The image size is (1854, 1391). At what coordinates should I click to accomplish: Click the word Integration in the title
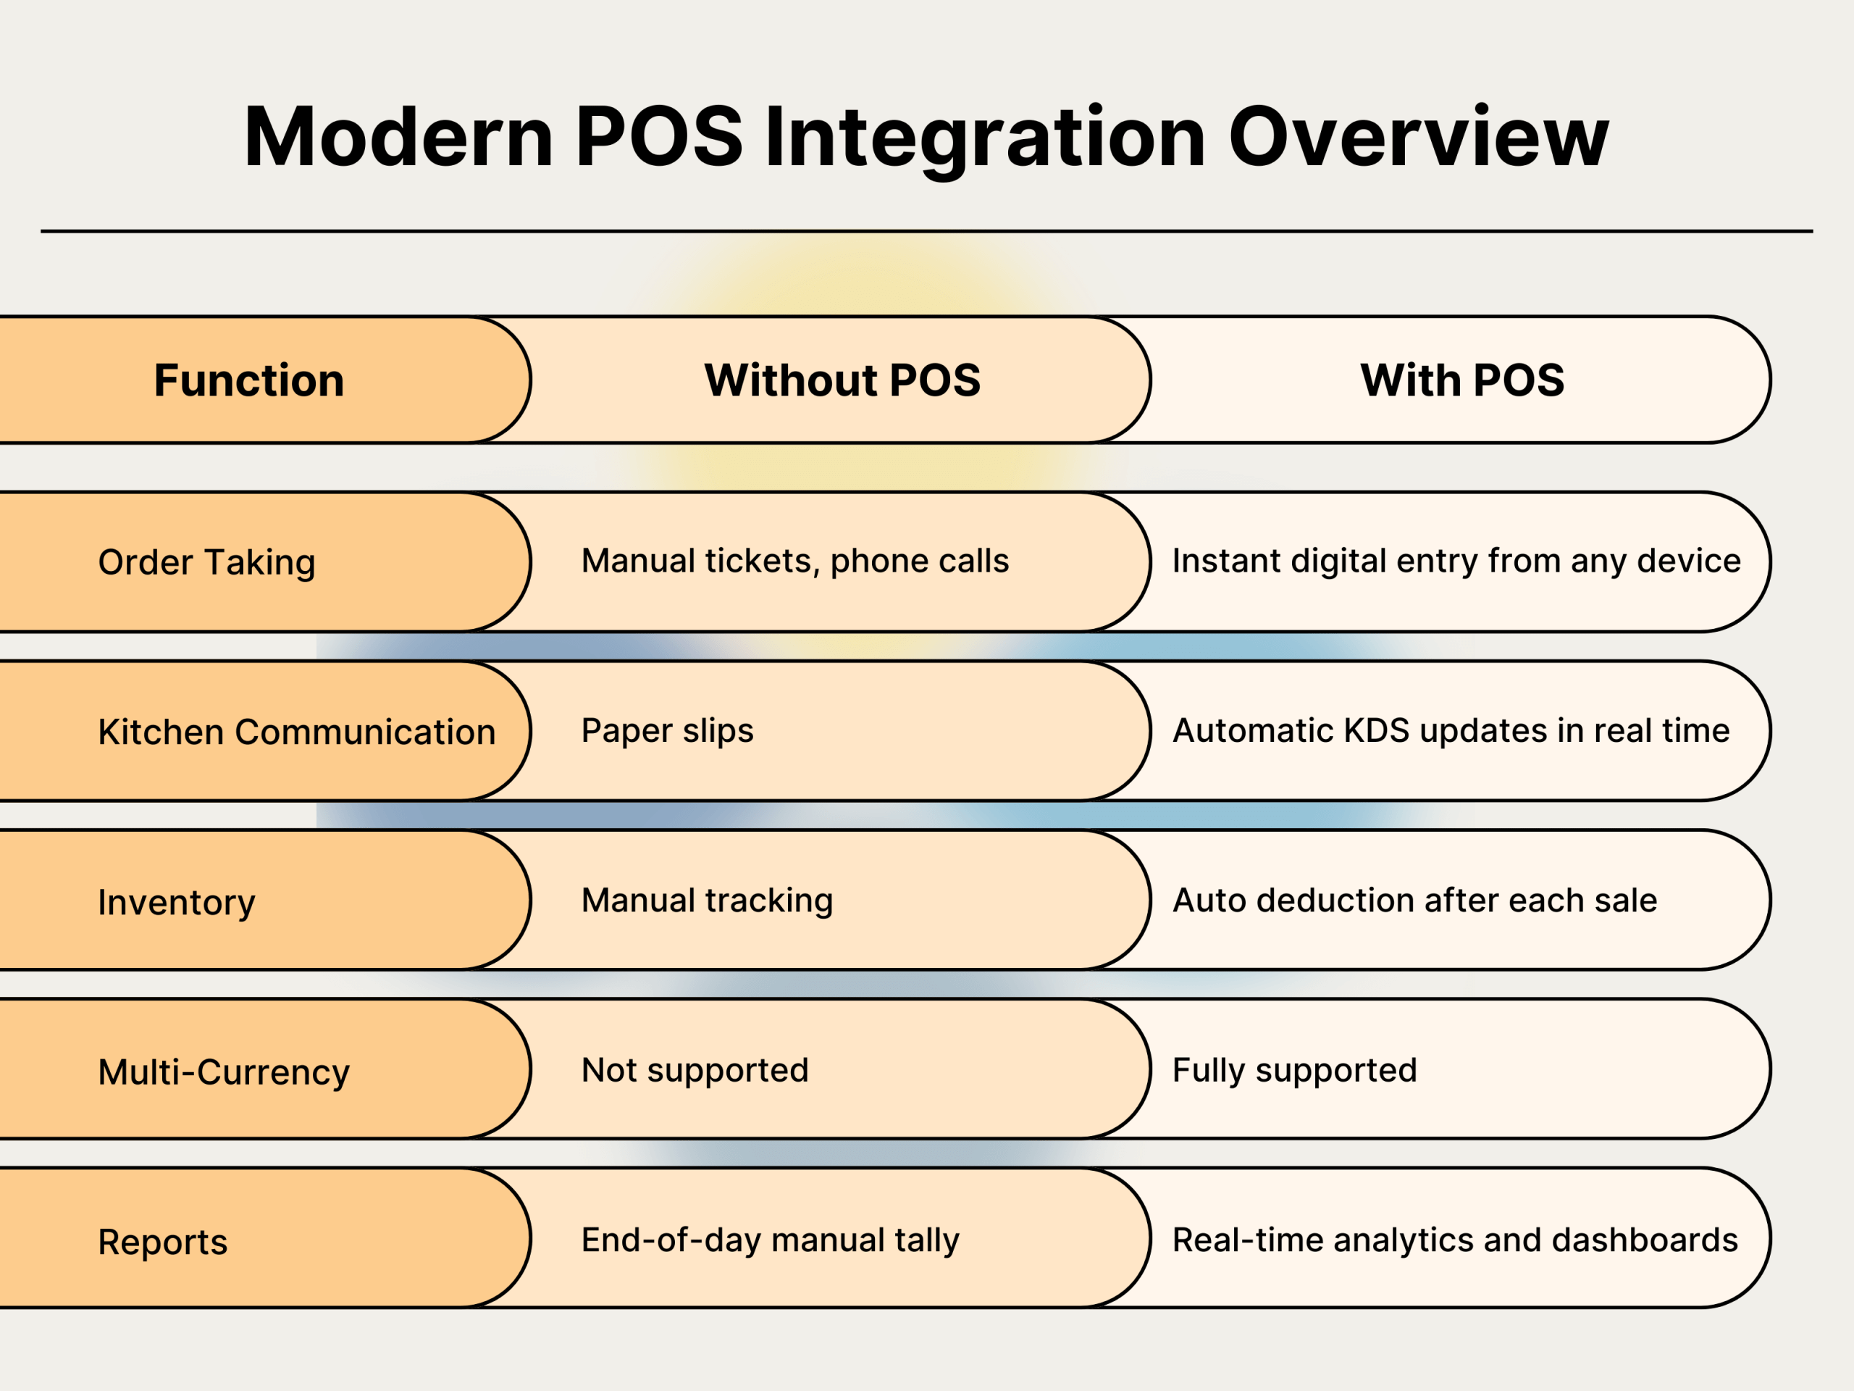click(x=985, y=138)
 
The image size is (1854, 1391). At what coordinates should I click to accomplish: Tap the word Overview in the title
click(x=1418, y=138)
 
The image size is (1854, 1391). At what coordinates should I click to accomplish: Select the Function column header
click(x=249, y=380)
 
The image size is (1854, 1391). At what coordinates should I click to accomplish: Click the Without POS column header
click(x=842, y=380)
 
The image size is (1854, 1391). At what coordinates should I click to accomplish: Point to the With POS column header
click(x=1461, y=380)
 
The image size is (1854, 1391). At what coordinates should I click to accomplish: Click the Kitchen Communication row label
click(x=297, y=732)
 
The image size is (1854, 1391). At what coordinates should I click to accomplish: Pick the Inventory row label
click(x=177, y=902)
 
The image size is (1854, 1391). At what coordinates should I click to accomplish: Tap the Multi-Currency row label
click(x=224, y=1072)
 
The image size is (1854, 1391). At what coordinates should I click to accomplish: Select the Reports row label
click(x=163, y=1242)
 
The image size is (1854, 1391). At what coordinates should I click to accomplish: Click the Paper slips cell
click(x=667, y=731)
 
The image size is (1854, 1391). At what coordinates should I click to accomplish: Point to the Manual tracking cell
click(x=708, y=901)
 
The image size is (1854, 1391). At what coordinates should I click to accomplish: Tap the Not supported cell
click(x=695, y=1071)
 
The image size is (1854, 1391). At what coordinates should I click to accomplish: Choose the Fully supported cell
click(x=1294, y=1071)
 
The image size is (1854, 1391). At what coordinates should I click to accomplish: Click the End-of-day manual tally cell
click(x=771, y=1240)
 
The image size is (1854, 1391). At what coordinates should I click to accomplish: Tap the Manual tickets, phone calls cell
click(x=794, y=561)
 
